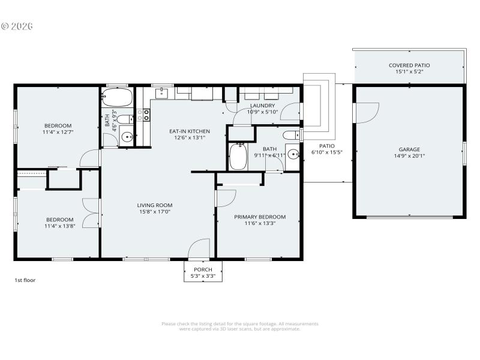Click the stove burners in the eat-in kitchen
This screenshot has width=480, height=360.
tap(145, 115)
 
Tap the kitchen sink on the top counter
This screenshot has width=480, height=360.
tap(163, 93)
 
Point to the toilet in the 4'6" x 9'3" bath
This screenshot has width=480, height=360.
tap(123, 118)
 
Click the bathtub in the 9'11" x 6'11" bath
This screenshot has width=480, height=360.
tap(238, 156)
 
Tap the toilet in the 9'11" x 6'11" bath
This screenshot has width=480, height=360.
tap(290, 134)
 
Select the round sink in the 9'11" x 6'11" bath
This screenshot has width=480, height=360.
tap(292, 154)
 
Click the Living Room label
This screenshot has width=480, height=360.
tap(155, 205)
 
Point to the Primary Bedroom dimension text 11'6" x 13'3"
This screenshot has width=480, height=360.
tap(260, 223)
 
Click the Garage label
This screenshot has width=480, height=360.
tap(409, 149)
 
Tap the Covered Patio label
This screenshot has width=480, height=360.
tap(409, 65)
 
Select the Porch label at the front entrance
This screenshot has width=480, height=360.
tap(203, 269)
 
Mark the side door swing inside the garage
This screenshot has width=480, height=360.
tap(368, 112)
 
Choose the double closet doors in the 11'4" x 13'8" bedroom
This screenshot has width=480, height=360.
tap(91, 213)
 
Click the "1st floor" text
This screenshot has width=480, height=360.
tap(25, 280)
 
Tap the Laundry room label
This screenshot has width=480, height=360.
tap(262, 106)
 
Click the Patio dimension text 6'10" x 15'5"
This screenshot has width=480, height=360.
tap(326, 152)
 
